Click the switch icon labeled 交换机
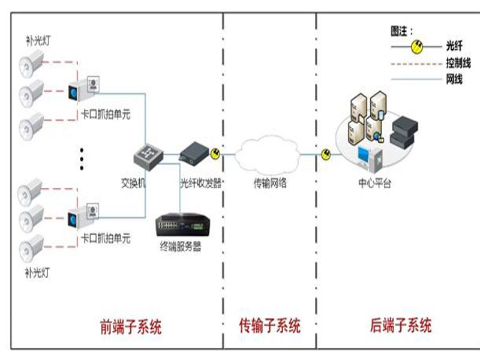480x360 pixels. coord(148,157)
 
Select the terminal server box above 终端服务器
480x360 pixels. coord(183,224)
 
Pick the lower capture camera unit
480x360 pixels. coord(83,216)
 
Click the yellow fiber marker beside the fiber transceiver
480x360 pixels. coord(215,154)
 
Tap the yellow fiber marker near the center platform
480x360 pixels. coord(326,154)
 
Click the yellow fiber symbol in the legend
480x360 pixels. coord(416,47)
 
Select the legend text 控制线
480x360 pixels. coord(458,64)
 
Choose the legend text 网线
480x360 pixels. coord(454,79)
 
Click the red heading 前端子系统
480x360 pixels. coord(131,326)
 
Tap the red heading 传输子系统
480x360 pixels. coord(269,325)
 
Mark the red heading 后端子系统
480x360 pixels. coord(401,325)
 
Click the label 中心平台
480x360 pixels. coord(374,183)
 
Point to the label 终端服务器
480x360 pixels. coord(181,246)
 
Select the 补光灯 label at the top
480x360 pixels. coord(38,40)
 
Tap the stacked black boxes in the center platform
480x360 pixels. coord(404,133)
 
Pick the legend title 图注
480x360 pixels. coord(401,31)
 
